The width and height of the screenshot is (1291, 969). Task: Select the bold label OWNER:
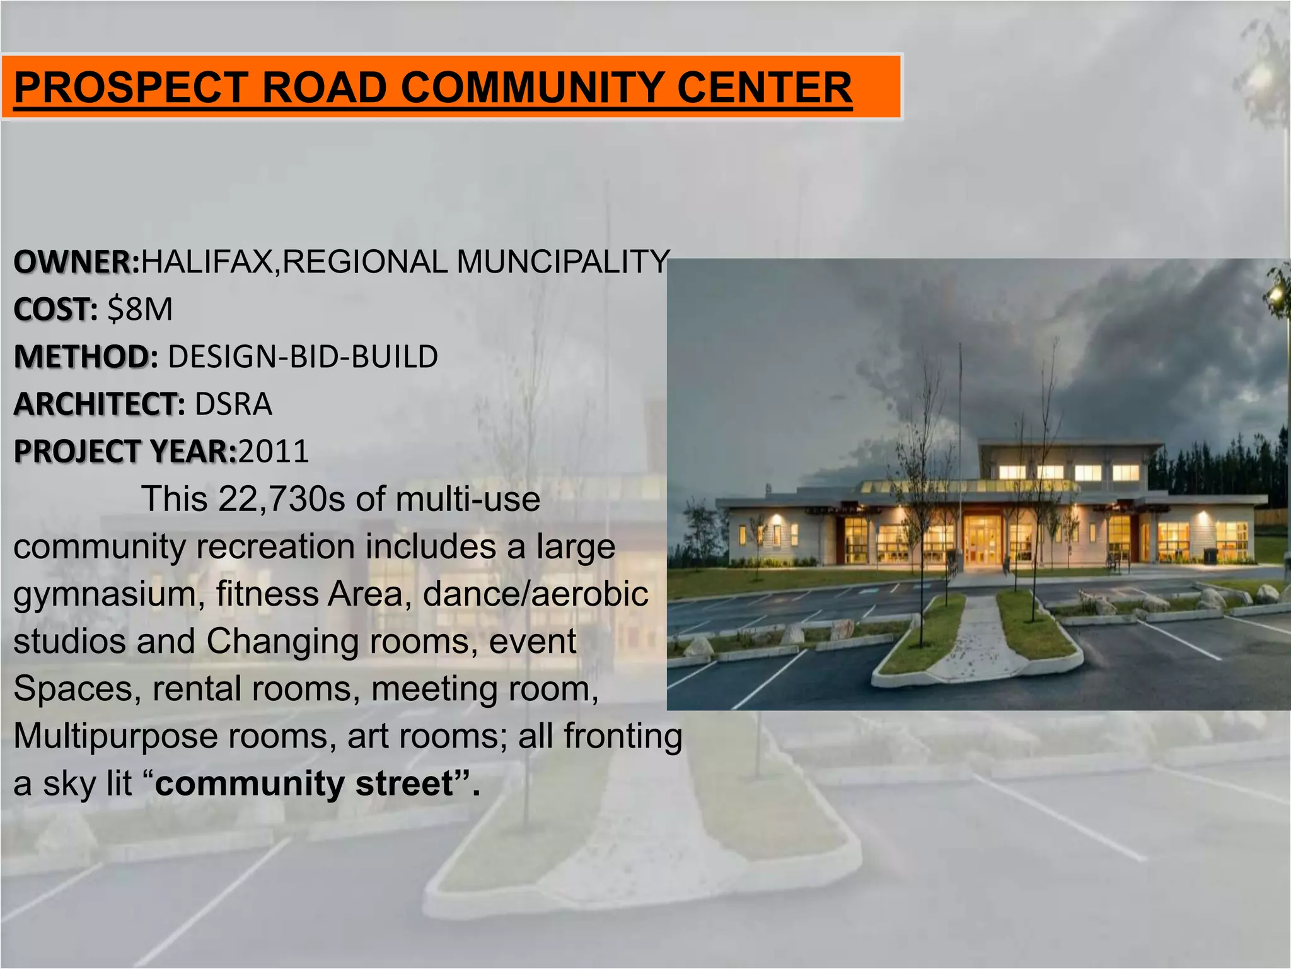click(76, 261)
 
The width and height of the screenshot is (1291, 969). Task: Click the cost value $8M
click(140, 309)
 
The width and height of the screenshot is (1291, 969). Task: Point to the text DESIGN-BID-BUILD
click(303, 356)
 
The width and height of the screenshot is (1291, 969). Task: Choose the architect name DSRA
click(233, 404)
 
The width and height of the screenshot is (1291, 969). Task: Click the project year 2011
click(274, 451)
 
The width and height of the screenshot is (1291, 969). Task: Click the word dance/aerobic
click(535, 594)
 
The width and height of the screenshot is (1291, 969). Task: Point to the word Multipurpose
click(114, 736)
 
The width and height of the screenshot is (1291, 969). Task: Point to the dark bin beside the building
click(1210, 555)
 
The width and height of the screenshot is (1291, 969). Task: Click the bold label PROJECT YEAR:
click(125, 451)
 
